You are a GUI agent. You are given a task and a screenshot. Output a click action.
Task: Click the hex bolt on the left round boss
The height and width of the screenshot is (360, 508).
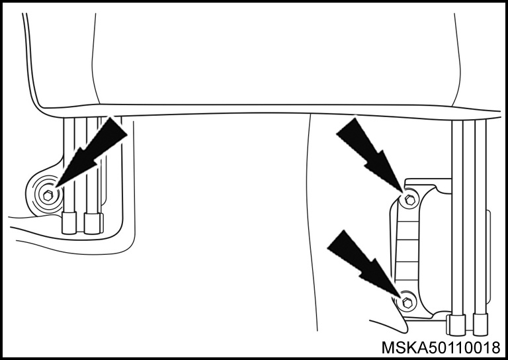click(48, 196)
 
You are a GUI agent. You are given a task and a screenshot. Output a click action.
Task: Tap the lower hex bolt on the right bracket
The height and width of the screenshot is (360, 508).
click(407, 303)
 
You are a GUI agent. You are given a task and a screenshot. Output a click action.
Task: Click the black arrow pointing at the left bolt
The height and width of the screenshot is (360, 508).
click(91, 152)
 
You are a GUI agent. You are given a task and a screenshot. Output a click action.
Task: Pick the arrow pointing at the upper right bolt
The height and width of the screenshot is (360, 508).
click(370, 155)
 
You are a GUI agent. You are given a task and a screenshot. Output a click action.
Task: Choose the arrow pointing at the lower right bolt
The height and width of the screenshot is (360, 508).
click(364, 263)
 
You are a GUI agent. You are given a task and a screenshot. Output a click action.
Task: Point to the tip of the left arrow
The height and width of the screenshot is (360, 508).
click(56, 187)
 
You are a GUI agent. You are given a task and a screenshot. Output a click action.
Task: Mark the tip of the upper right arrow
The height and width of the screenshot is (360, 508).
click(404, 192)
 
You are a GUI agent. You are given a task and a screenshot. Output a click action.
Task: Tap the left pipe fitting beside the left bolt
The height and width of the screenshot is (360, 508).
click(69, 222)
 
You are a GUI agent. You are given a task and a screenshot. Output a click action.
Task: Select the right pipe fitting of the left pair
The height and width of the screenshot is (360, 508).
click(92, 223)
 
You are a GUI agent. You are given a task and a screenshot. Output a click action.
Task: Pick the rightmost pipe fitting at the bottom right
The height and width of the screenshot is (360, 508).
click(480, 325)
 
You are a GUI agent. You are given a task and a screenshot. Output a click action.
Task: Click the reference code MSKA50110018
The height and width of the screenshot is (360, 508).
click(441, 347)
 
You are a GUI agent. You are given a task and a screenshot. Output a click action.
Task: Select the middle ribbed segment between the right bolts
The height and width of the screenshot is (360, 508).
click(407, 251)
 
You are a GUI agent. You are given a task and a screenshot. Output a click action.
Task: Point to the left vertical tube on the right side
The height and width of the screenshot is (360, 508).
click(458, 217)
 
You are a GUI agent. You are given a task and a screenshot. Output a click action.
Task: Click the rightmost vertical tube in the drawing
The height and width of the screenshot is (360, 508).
click(480, 217)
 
